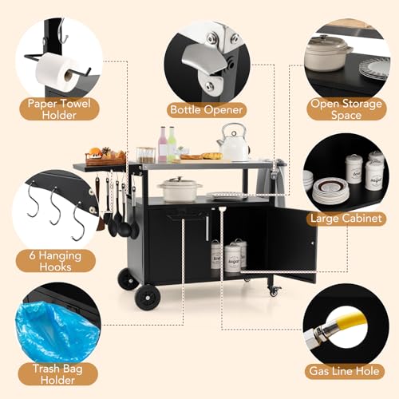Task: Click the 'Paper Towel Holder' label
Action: pos(59,109)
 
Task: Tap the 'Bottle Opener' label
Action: pos(207,110)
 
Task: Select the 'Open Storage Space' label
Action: pos(346,109)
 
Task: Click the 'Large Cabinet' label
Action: pos(346,219)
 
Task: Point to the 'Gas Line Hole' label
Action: pos(344,371)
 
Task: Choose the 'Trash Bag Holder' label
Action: pos(57,374)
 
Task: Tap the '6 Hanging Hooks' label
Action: pos(55,261)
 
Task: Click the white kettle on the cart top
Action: pos(233,142)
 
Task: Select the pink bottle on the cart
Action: pos(162,144)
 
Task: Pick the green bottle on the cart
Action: pos(172,144)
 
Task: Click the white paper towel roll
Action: pos(57,72)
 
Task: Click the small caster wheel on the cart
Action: pos(275,291)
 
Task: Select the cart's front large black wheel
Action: pos(148,298)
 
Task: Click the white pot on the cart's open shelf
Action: pos(180,189)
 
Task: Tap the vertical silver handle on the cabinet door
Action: pos(207,229)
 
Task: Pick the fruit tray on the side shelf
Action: pos(106,156)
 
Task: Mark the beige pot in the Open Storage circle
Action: pos(328,53)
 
